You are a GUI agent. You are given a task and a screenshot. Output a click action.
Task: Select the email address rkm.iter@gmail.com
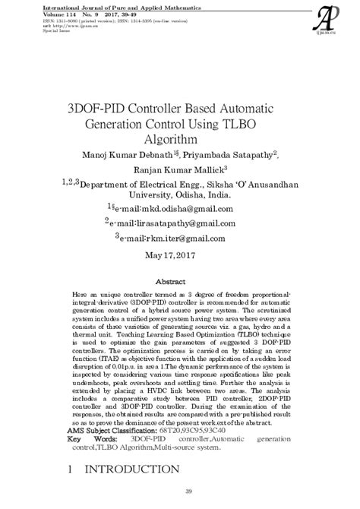[182, 238]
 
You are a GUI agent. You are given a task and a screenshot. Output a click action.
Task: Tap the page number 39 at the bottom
[180, 497]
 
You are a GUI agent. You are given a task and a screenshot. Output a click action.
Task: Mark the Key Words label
[90, 440]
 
